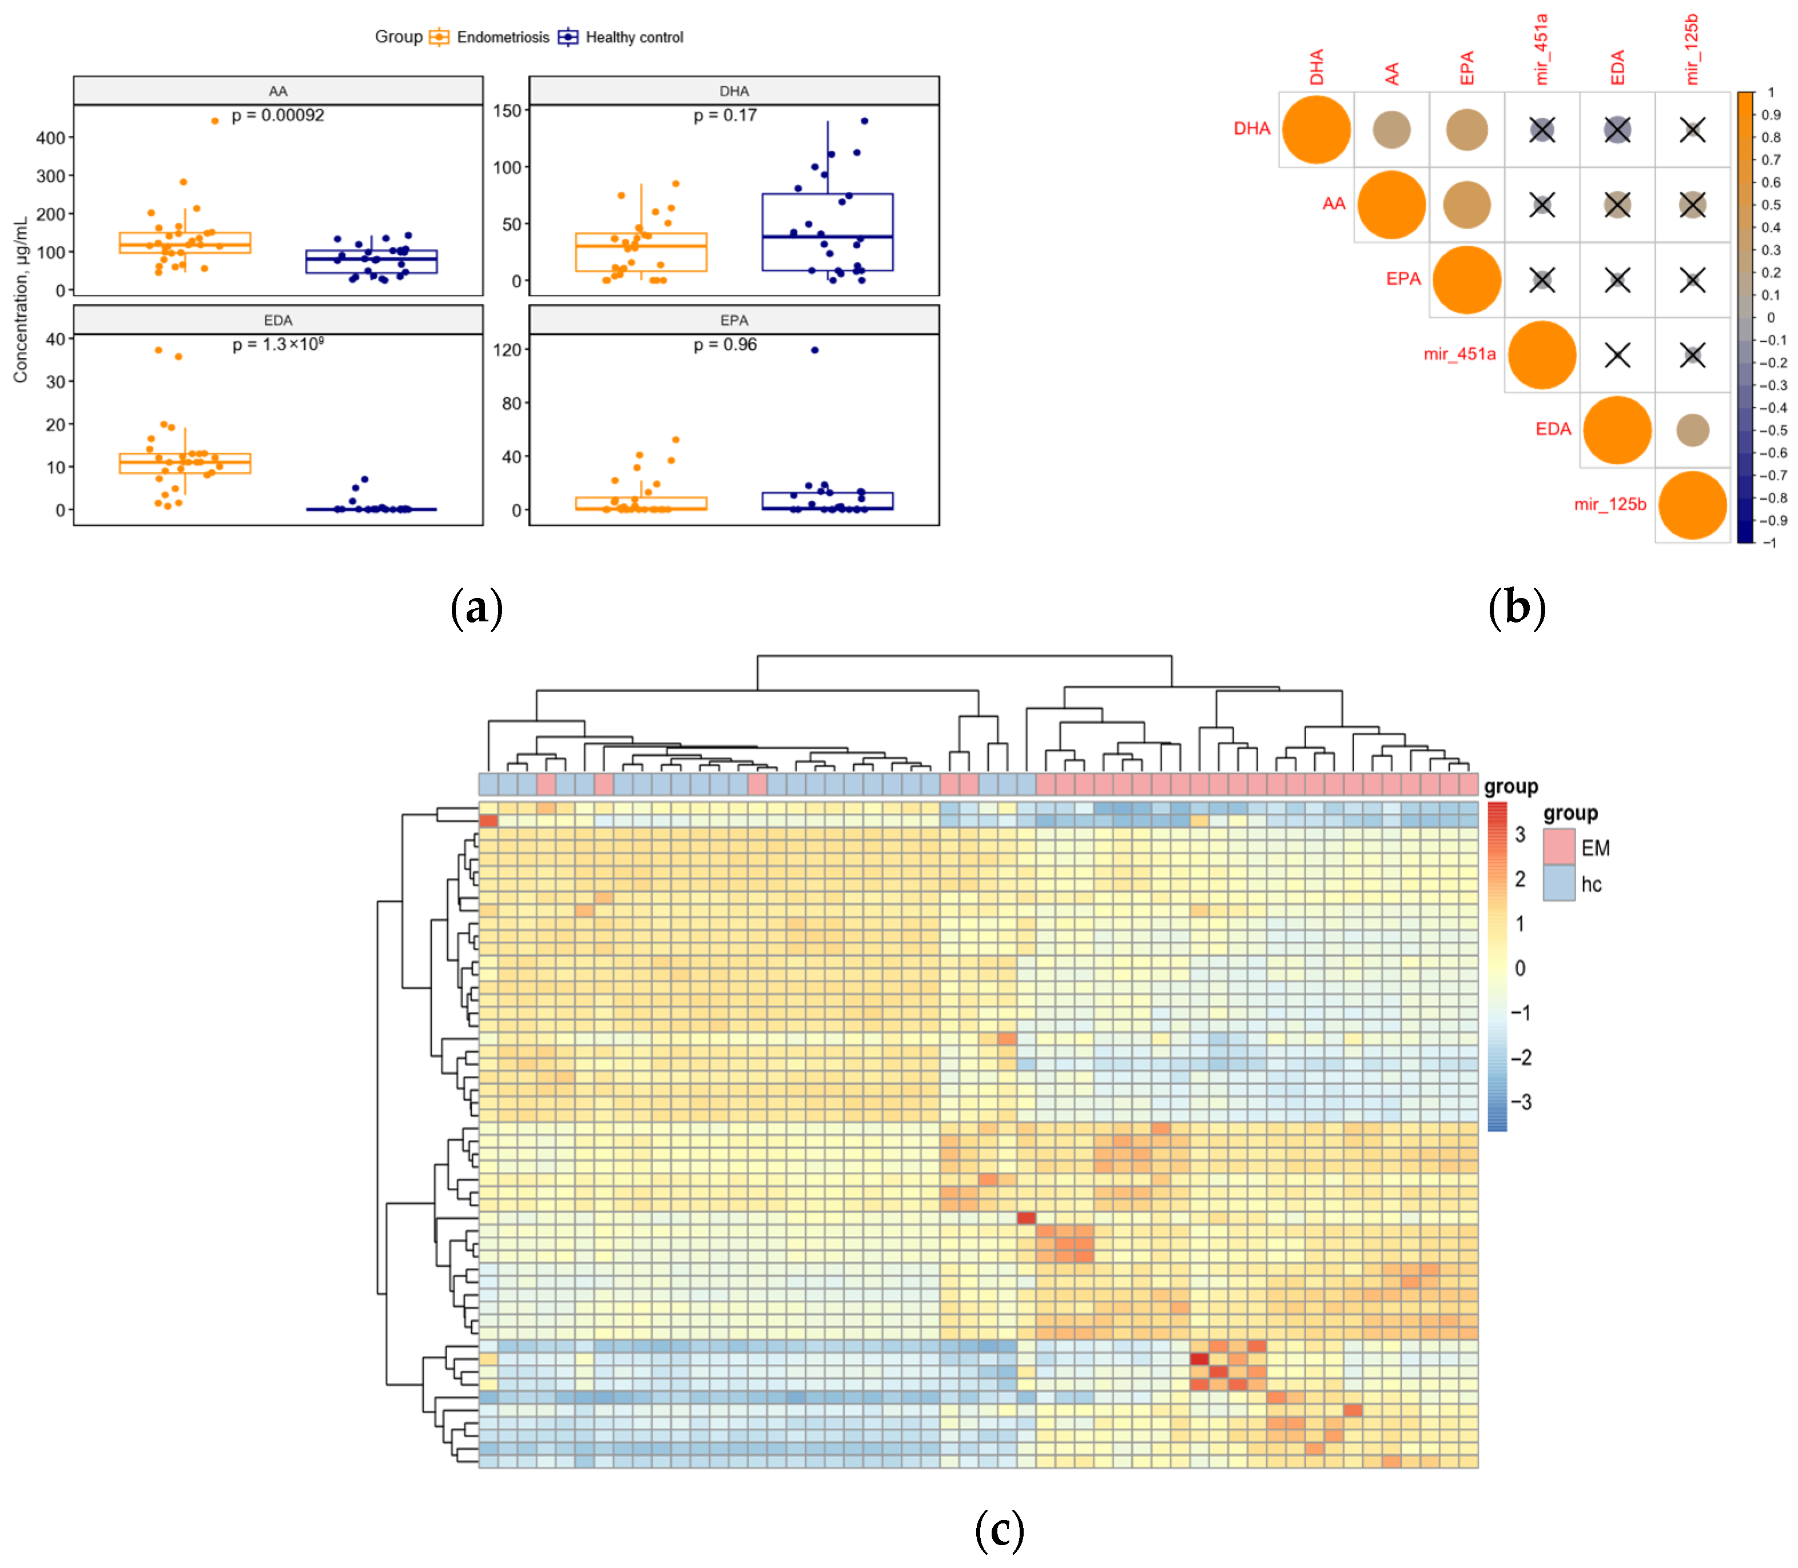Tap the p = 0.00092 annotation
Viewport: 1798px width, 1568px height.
277,115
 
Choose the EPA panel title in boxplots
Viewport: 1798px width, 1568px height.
734,320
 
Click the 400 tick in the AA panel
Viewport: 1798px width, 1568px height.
51,137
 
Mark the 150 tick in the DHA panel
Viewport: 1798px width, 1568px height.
507,111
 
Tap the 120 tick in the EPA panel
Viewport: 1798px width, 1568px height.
507,350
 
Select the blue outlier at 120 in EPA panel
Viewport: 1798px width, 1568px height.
814,350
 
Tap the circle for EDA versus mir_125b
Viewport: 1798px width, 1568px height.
1692,430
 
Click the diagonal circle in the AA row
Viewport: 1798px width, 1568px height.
1391,205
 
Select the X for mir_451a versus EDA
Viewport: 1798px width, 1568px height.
1617,355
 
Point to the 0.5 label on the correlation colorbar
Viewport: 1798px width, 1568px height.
1771,205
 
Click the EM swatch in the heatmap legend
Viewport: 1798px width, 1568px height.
1559,847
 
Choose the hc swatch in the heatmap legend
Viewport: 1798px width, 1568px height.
1559,884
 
